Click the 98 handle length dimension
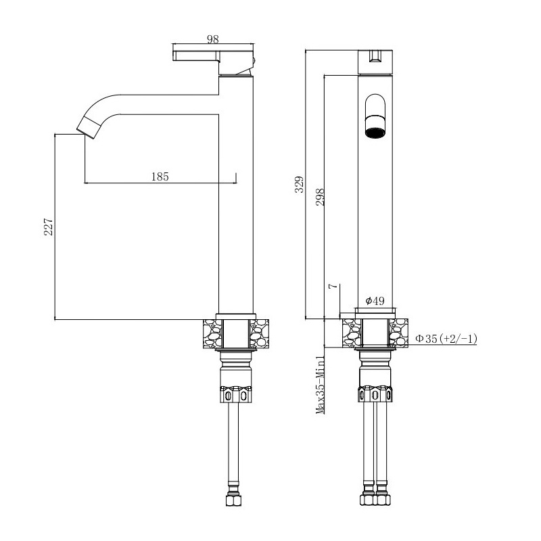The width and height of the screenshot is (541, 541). [x=213, y=39]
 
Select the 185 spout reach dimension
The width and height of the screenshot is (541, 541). [x=160, y=177]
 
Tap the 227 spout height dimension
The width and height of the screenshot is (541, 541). [x=48, y=227]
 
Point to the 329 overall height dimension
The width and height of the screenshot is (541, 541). [x=299, y=184]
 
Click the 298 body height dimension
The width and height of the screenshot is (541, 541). [x=321, y=197]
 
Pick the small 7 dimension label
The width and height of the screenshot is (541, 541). [x=332, y=286]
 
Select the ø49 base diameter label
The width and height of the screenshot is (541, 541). [x=375, y=301]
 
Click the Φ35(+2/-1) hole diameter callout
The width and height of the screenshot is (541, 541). [x=446, y=339]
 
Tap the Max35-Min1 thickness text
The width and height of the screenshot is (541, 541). [x=321, y=385]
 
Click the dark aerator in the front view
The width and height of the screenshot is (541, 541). [x=375, y=133]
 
